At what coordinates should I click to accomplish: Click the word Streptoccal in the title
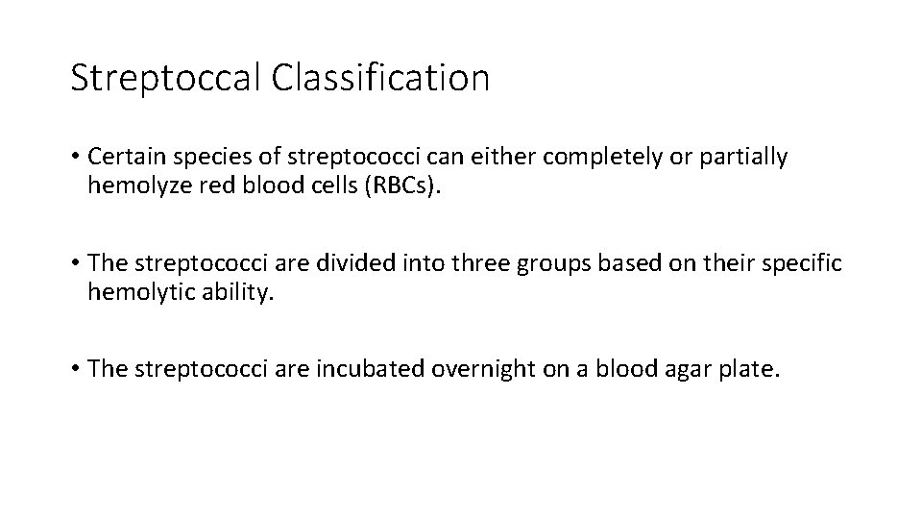click(x=165, y=78)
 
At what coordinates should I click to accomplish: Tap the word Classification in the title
click(x=380, y=78)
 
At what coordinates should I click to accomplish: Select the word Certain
click(x=123, y=158)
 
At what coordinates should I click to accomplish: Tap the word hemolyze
click(x=131, y=185)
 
